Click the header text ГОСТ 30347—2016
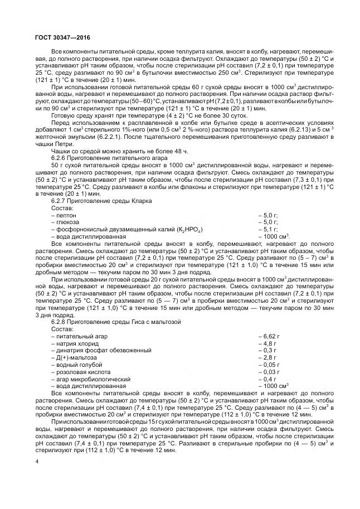coord(58,37)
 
